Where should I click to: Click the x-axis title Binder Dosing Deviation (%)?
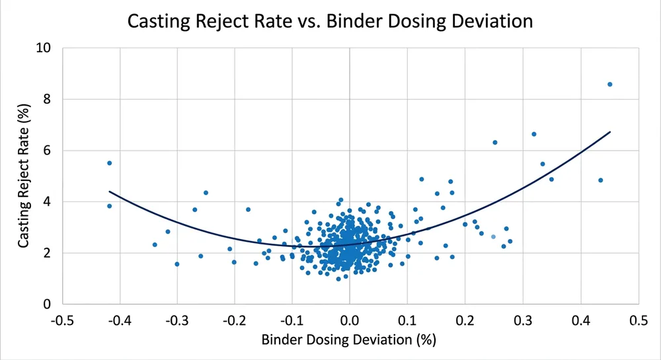click(349, 340)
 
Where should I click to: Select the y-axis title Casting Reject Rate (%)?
click(24, 176)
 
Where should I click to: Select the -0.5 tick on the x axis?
click(63, 320)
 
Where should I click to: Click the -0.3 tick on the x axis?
click(177, 320)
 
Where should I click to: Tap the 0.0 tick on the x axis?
click(350, 320)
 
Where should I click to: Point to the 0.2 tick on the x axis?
click(465, 320)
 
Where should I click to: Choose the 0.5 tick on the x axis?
click(637, 320)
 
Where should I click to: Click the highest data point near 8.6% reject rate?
click(609, 85)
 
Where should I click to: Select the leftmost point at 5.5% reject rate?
click(110, 163)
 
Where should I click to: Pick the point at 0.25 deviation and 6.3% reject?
click(494, 143)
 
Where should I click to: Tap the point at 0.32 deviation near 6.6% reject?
click(534, 134)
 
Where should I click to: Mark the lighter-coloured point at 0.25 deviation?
click(493, 236)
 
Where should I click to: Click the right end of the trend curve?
click(609, 132)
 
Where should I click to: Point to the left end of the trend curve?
click(110, 192)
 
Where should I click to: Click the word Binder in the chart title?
click(364, 21)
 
